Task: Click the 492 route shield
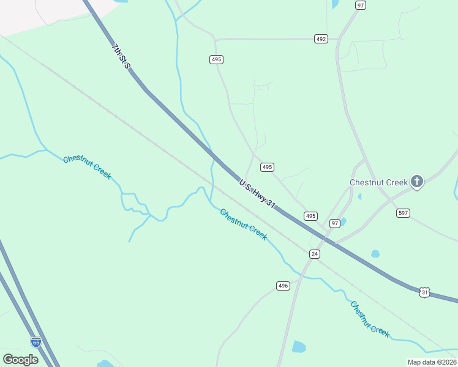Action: coord(321,39)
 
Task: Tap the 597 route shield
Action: coord(403,213)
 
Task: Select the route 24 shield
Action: coord(315,254)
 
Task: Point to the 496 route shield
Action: coord(282,286)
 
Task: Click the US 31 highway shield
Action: coord(425,292)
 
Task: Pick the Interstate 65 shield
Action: coord(36,343)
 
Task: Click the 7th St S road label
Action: coord(121,56)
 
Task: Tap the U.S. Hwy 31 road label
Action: coord(257,193)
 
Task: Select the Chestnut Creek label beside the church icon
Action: coord(378,182)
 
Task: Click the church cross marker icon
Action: coord(417,181)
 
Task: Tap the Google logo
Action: coord(20,359)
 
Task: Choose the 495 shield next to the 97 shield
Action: coord(311,216)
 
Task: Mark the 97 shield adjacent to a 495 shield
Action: coord(335,223)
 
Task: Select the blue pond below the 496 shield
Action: coord(299,347)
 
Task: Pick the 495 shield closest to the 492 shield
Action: coord(216,59)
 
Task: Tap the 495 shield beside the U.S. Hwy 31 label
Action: coord(267,167)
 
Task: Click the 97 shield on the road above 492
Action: coord(361,5)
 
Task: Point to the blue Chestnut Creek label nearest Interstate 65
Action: coord(87,167)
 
